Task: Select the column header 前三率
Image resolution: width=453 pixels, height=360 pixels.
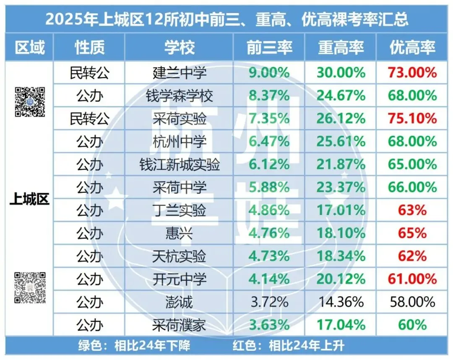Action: [268, 47]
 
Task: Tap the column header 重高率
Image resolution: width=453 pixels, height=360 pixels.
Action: [341, 47]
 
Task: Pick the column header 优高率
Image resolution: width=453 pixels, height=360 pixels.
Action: [412, 47]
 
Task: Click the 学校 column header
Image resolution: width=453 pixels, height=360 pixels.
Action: [179, 47]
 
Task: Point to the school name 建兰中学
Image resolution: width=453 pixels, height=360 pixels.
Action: [179, 73]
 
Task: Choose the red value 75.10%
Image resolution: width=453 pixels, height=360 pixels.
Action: [412, 119]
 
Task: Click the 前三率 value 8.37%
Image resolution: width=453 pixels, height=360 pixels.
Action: [268, 96]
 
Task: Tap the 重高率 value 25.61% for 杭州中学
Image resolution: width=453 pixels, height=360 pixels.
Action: [341, 142]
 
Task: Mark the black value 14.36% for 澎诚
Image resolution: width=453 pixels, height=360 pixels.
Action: [341, 302]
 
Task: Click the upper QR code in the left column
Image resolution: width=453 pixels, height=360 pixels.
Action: [30, 102]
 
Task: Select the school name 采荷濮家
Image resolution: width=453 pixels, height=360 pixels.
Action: [179, 325]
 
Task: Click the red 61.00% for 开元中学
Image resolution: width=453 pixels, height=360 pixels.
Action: [412, 279]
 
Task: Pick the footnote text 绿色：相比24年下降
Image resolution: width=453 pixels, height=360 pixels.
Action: [134, 346]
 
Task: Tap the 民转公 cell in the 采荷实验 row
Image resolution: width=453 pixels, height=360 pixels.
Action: [89, 119]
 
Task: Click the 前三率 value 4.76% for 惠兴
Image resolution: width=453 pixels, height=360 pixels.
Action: [268, 233]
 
